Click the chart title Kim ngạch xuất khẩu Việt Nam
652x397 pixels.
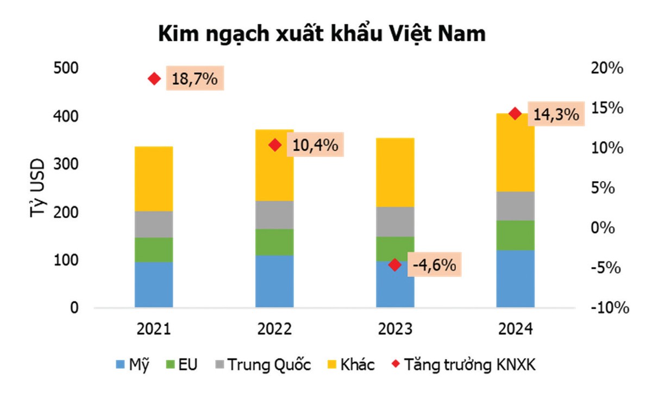(322, 34)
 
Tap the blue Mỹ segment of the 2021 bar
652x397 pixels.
(154, 284)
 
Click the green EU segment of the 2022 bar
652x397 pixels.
(274, 242)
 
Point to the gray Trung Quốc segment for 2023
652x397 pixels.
(395, 222)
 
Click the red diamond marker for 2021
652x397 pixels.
(154, 79)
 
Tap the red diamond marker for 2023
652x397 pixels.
(395, 265)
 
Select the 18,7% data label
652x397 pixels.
(195, 79)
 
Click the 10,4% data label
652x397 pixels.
(315, 145)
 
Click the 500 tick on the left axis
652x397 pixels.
(66, 69)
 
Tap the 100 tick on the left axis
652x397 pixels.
(66, 260)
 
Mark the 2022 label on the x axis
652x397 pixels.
(274, 330)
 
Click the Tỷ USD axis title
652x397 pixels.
(37, 188)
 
